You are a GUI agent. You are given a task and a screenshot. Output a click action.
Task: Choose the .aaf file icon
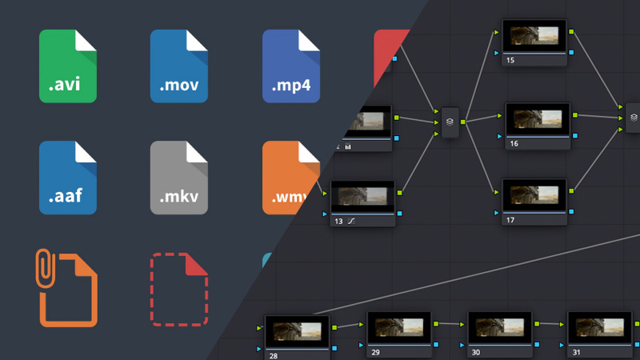pyautogui.click(x=68, y=178)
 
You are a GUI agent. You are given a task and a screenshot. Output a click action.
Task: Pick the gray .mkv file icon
pyautogui.click(x=179, y=178)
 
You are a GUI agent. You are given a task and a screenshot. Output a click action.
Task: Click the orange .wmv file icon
pyautogui.click(x=290, y=178)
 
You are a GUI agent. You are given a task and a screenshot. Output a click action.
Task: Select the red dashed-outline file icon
pyautogui.click(x=179, y=290)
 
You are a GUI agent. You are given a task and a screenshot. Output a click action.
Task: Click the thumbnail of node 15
pyautogui.click(x=534, y=36)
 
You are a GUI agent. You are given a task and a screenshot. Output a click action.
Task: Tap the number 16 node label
pyautogui.click(x=514, y=143)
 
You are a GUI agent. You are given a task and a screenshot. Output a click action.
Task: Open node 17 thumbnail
pyautogui.click(x=534, y=194)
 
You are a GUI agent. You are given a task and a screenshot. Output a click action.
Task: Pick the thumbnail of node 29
pyautogui.click(x=398, y=327)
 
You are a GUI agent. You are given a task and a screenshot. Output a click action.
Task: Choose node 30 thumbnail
pyautogui.click(x=498, y=327)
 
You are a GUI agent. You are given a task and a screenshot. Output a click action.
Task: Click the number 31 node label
pyautogui.click(x=578, y=351)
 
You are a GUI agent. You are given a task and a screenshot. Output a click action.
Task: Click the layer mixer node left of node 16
pyautogui.click(x=451, y=122)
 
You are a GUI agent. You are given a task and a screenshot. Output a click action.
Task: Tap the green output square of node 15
pyautogui.click(x=572, y=32)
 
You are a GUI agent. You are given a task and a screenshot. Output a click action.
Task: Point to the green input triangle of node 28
pyautogui.click(x=259, y=328)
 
